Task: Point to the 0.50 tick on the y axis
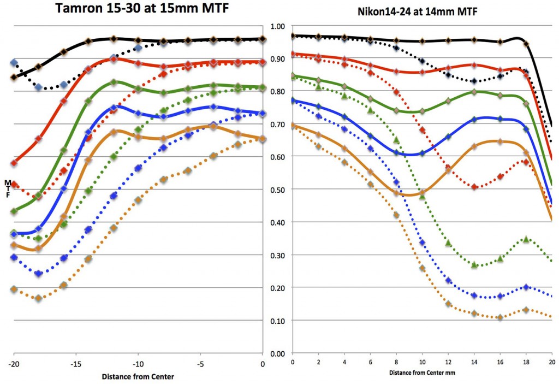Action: pos(278,190)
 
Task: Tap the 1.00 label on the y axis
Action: pos(278,26)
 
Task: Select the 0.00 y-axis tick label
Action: pos(278,353)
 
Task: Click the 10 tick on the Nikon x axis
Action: pos(422,362)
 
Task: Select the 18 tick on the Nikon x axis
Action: pos(526,362)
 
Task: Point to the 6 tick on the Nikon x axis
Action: pos(370,362)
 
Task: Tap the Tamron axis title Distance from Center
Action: pos(139,376)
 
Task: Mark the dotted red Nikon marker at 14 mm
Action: pos(474,187)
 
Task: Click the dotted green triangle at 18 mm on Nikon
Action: pos(526,239)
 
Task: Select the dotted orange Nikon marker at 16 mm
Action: pos(500,317)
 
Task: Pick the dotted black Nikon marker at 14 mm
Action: pos(474,81)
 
